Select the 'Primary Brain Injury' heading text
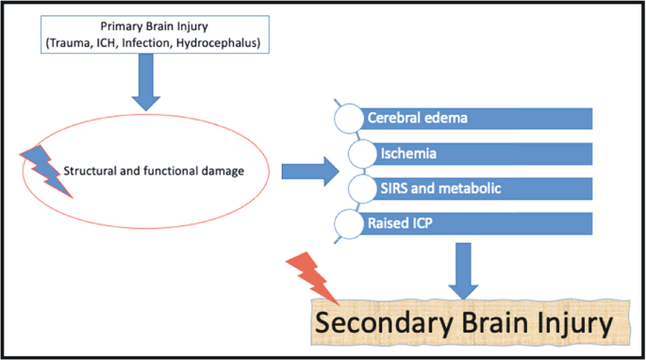155,25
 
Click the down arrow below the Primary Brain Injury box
148,82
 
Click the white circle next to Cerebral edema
350,119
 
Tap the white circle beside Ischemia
362,154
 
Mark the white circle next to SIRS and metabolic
362,188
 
